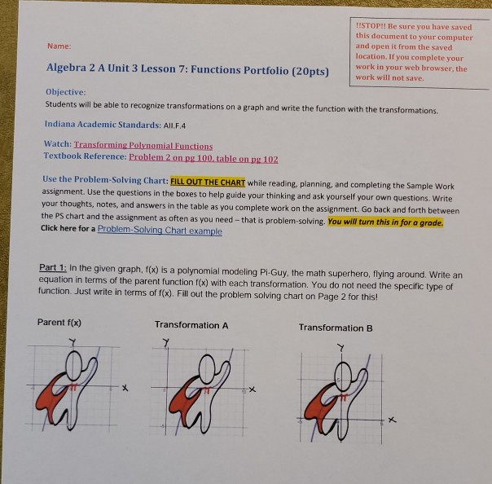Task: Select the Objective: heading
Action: [x=65, y=93]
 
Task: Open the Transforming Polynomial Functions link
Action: [x=143, y=145]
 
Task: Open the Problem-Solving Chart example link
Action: [x=160, y=231]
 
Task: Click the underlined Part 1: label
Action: [x=55, y=268]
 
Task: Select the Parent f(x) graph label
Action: [x=59, y=322]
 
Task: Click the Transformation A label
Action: [x=191, y=325]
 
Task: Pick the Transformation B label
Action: [x=336, y=328]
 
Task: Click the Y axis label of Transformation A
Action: [x=167, y=342]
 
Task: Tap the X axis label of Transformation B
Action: [x=392, y=420]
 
